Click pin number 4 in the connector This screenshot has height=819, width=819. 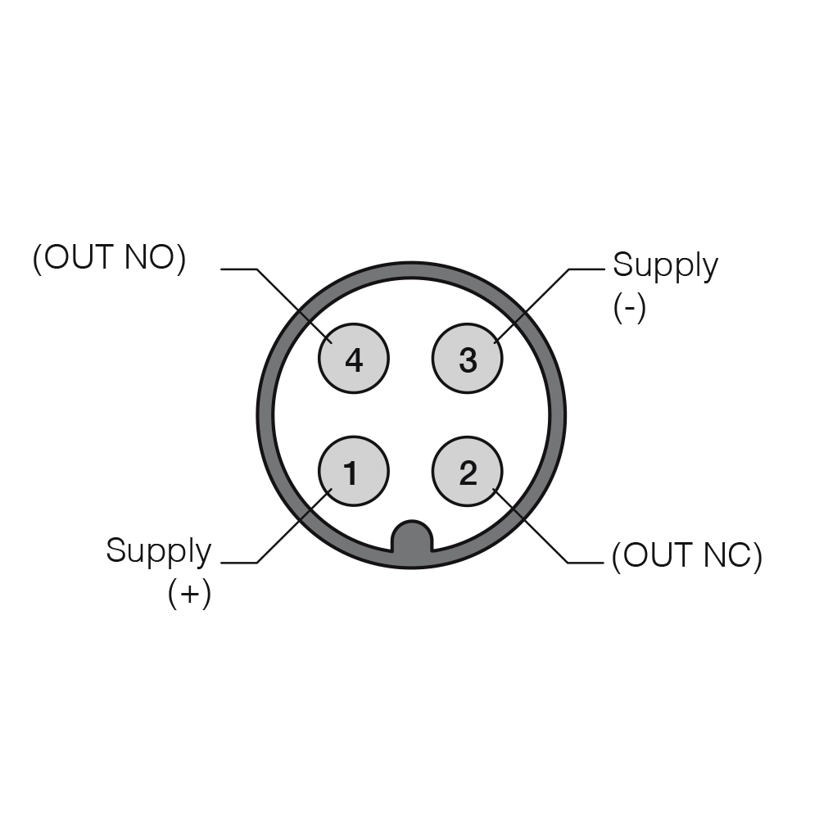click(x=354, y=359)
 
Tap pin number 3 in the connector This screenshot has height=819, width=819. click(x=468, y=359)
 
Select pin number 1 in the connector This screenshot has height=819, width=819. click(x=354, y=471)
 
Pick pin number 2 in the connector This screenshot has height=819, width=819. click(x=468, y=471)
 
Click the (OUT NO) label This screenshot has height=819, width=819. click(x=109, y=257)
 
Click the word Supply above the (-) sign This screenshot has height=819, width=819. click(x=665, y=266)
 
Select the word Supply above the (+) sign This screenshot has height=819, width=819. click(x=159, y=551)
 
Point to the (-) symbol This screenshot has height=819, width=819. click(x=630, y=307)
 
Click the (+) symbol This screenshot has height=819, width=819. click(x=190, y=593)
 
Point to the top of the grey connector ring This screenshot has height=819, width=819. click(x=412, y=269)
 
